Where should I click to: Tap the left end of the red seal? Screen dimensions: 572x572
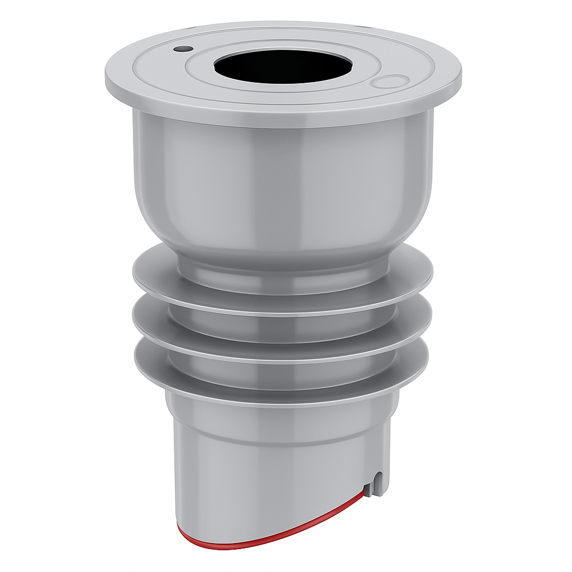pos(180,528)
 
